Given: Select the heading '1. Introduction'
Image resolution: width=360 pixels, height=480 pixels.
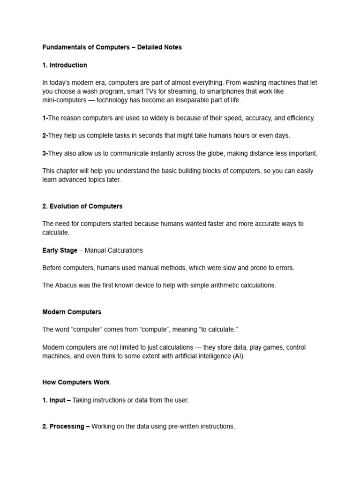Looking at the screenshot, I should tap(65, 65).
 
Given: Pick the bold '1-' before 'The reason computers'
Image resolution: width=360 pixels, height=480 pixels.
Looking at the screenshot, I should tap(45, 118).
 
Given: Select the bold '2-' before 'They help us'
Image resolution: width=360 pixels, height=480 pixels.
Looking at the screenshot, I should tap(45, 135).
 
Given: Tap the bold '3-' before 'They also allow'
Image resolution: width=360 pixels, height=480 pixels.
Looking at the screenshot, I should tap(45, 153).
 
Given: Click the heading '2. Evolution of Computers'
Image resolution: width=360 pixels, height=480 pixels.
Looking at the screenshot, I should tap(82, 206).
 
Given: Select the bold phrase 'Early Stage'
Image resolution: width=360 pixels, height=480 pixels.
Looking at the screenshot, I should tap(60, 250).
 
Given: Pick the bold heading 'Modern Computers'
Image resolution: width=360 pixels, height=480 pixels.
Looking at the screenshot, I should tap(72, 312).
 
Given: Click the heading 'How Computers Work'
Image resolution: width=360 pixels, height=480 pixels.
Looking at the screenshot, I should tap(76, 382).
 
